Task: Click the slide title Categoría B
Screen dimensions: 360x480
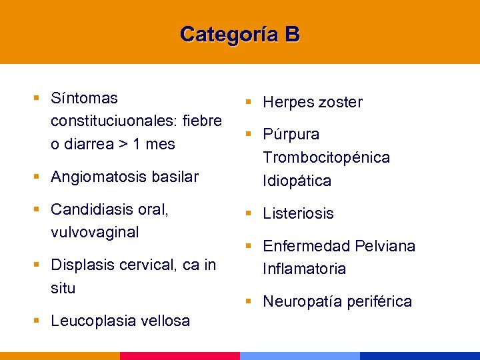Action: tap(240, 33)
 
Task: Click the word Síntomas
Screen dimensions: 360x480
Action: tap(84, 99)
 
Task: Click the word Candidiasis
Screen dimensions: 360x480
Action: tap(90, 209)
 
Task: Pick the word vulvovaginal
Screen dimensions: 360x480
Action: tap(95, 232)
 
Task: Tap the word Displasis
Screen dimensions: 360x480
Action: tap(82, 265)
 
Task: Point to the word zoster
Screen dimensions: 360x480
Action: tap(341, 103)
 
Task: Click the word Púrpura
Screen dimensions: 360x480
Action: tap(291, 135)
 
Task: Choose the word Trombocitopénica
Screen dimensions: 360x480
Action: tap(327, 158)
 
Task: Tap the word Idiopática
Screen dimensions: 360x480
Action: tap(297, 181)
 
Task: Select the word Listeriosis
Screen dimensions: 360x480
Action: tap(298, 214)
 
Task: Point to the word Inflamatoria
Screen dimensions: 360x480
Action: tap(305, 269)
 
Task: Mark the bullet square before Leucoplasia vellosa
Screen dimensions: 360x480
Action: tap(36, 320)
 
